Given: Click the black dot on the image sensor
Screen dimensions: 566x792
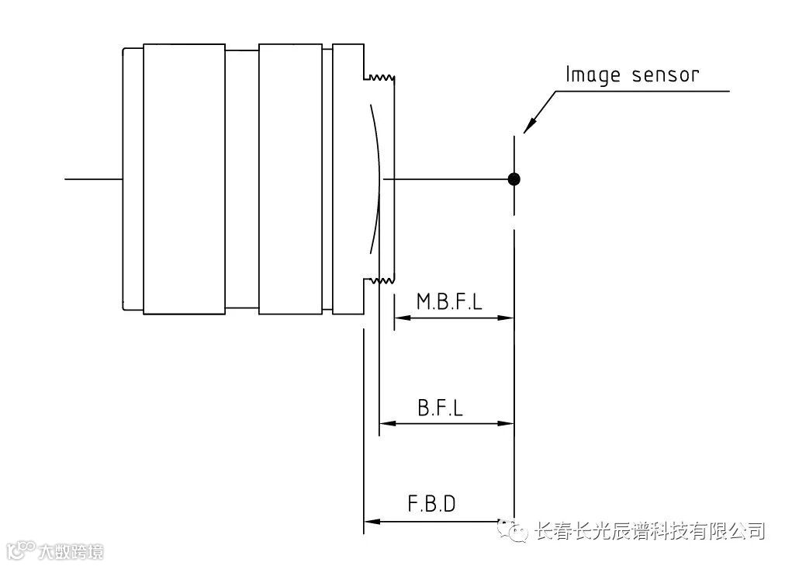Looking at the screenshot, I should (x=513, y=179).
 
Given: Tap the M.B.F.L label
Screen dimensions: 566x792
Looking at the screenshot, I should (x=449, y=301).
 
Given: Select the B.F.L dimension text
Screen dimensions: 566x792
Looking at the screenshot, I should (x=440, y=408).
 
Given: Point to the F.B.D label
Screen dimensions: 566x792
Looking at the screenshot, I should (x=431, y=504).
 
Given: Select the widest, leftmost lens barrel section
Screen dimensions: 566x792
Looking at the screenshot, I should (x=183, y=179).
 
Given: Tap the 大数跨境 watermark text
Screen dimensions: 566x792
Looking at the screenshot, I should (x=69, y=552).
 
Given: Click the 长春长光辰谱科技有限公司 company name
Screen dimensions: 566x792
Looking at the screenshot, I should (x=650, y=531).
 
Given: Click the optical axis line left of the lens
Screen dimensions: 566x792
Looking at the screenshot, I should (x=93, y=179).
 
